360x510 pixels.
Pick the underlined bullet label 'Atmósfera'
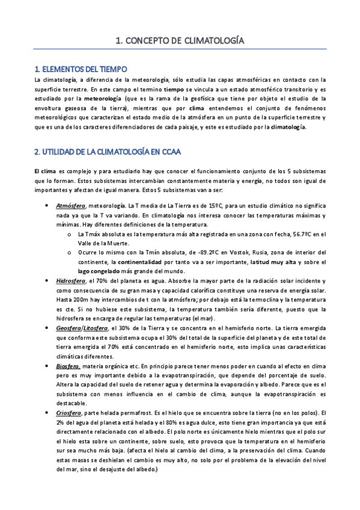70,206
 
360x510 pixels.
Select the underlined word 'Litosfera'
103,328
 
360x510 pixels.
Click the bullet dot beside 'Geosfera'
47,328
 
